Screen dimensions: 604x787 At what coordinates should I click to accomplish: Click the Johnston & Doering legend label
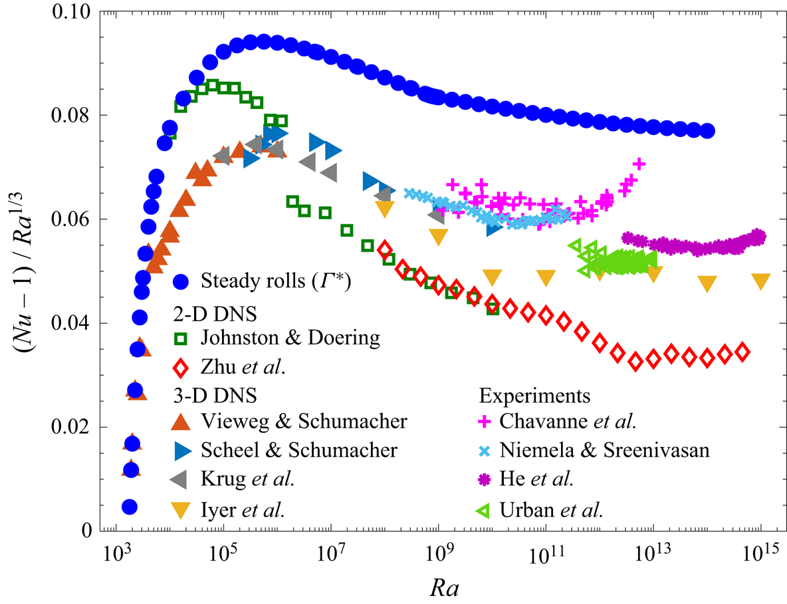click(x=290, y=338)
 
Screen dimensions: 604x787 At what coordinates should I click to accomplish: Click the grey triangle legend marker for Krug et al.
click(x=181, y=480)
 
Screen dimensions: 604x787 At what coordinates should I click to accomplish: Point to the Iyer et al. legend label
click(x=243, y=510)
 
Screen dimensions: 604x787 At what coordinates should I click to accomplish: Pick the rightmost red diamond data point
click(x=742, y=352)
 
